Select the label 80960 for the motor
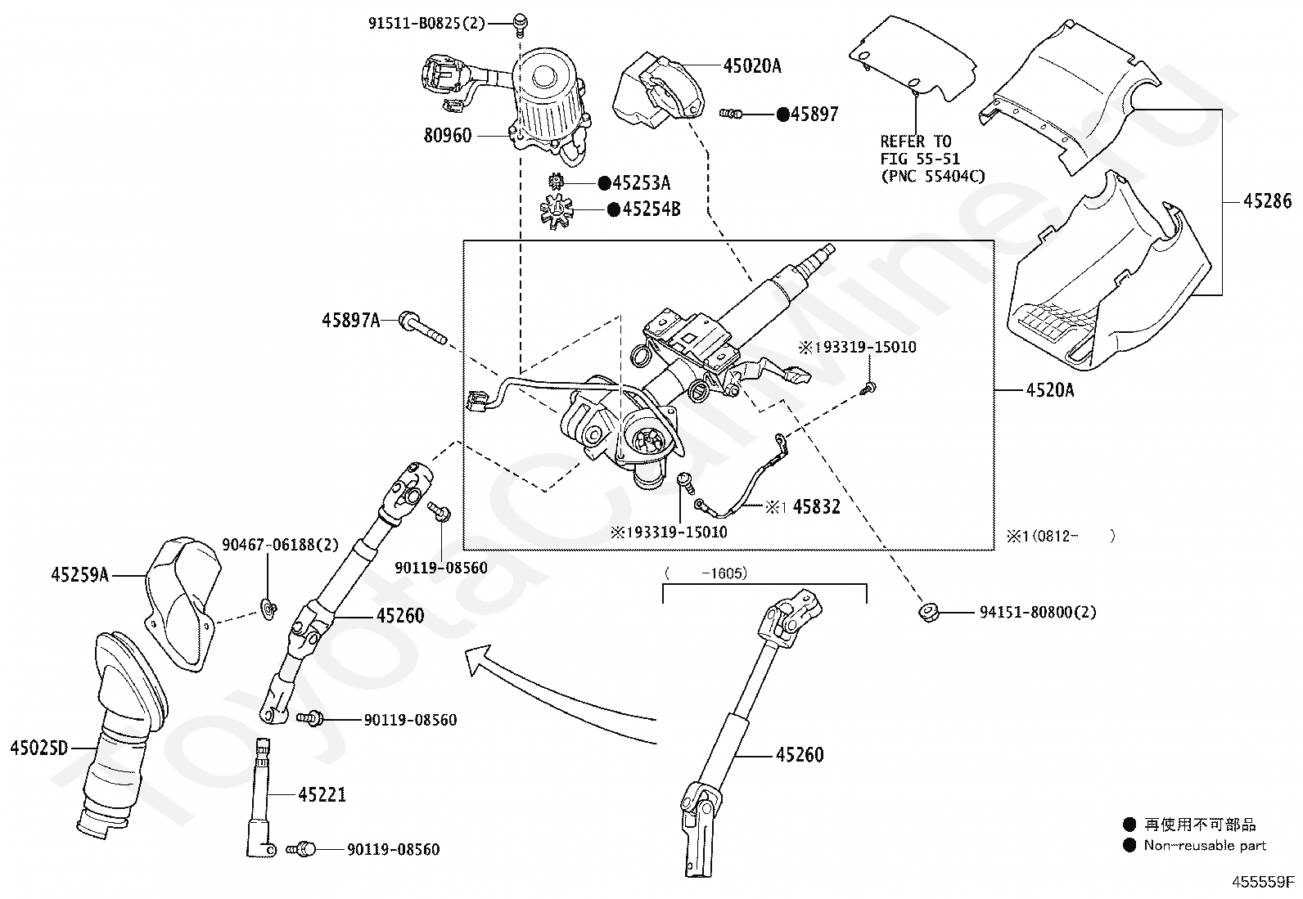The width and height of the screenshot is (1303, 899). point(447,136)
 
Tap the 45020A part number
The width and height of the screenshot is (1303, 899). point(751,65)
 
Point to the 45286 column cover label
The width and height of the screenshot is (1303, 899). point(1267,200)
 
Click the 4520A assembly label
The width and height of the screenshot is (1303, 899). point(1049,390)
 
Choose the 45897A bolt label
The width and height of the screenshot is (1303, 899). point(350,320)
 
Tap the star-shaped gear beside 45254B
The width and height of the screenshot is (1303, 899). point(557,211)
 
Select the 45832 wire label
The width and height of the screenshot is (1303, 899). point(816,507)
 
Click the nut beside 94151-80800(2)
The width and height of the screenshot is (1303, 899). point(928,612)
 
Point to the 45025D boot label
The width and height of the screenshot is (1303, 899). point(38,747)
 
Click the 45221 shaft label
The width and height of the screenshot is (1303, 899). point(322,794)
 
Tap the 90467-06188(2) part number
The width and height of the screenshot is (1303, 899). point(281,544)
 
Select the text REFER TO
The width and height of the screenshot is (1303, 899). point(915,141)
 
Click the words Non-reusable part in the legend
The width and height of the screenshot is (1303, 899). point(1205,846)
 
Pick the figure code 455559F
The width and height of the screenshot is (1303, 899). point(1264,882)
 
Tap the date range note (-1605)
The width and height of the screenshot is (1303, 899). point(706,573)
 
